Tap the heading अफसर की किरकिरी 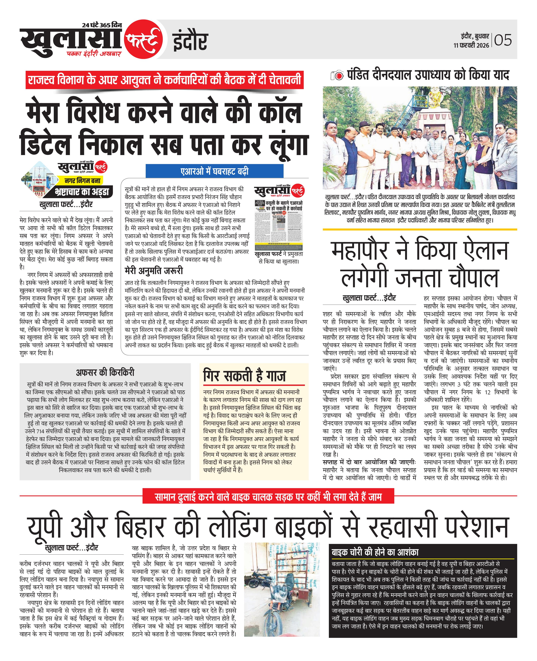(x=105, y=372)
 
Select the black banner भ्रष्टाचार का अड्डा (x=82, y=192)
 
